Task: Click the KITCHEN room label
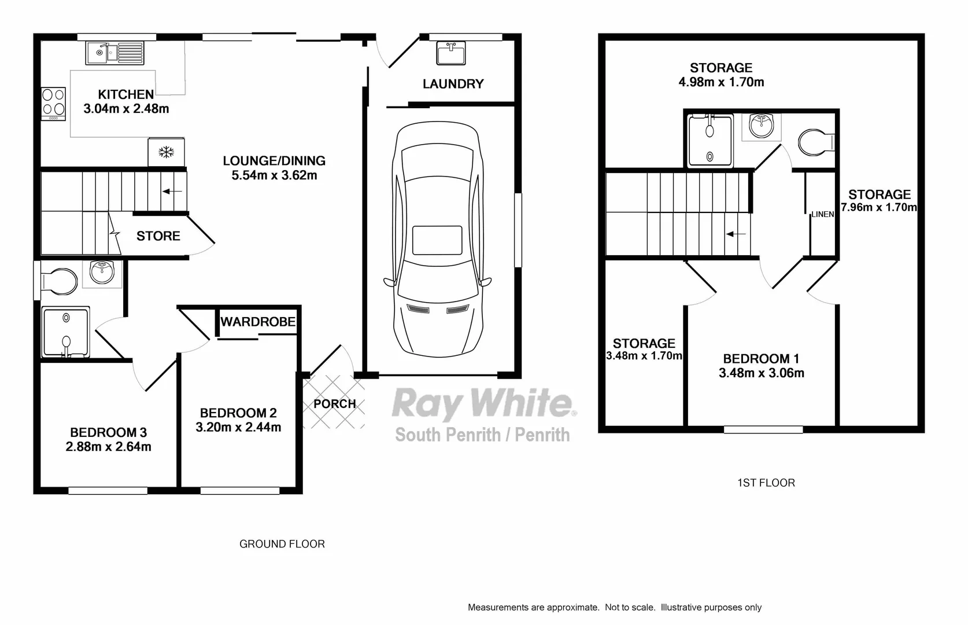126,94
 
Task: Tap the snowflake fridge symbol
167,152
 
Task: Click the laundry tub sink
451,54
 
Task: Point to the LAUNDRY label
453,84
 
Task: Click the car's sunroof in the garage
437,240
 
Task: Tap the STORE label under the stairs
158,236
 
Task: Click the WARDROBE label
258,322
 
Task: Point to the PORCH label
334,404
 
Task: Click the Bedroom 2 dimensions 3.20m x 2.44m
238,428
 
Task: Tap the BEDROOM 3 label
108,432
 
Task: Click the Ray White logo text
483,403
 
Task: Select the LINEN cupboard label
822,214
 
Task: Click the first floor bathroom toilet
815,141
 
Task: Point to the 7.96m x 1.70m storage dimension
879,207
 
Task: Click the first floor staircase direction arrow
736,234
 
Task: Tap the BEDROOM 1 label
761,359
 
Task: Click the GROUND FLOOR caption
282,544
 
